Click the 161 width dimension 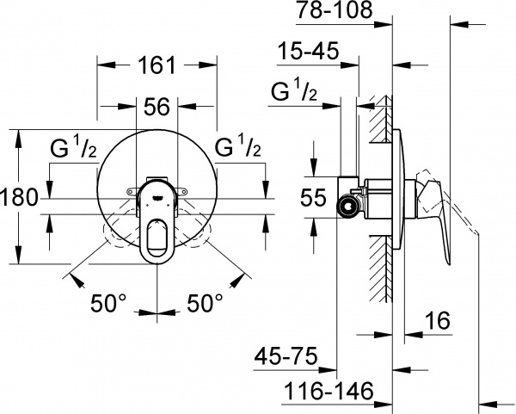click(157, 65)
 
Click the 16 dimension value click(438, 321)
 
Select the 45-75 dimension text click(288, 355)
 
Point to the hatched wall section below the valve click(378, 275)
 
